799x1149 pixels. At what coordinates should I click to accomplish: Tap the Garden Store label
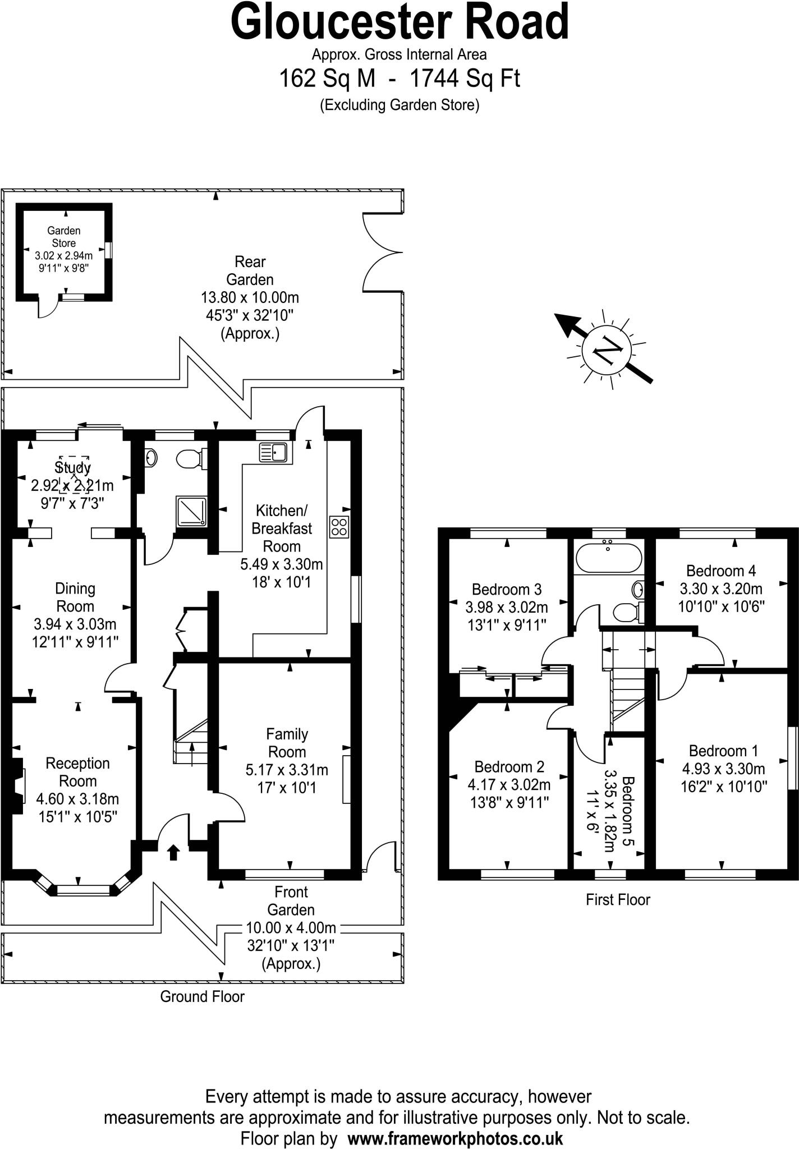[63, 237]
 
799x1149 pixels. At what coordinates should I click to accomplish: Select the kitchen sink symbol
[273, 452]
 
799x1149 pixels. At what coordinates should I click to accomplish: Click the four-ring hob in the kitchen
[339, 527]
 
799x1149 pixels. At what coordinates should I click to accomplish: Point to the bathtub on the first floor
[608, 557]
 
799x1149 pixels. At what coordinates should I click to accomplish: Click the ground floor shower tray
[191, 511]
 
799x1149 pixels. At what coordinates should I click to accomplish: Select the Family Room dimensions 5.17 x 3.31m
[287, 770]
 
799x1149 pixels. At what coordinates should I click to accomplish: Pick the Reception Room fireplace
[19, 785]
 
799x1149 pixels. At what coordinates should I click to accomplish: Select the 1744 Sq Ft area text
[465, 79]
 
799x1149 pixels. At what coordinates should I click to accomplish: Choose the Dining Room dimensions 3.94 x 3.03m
[75, 624]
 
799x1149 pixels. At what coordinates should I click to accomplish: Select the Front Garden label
[291, 900]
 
